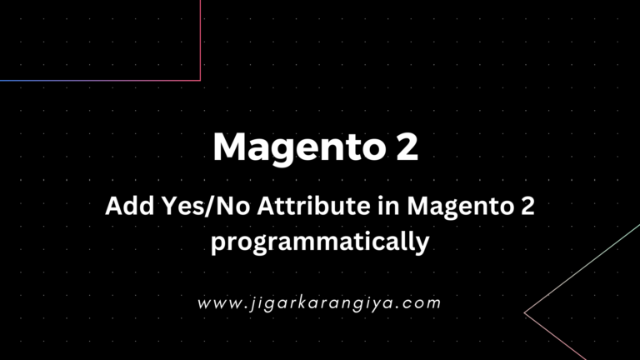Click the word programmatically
click(319, 242)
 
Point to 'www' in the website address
click(214, 303)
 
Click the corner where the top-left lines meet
click(200, 80)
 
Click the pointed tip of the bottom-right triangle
click(524, 312)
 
